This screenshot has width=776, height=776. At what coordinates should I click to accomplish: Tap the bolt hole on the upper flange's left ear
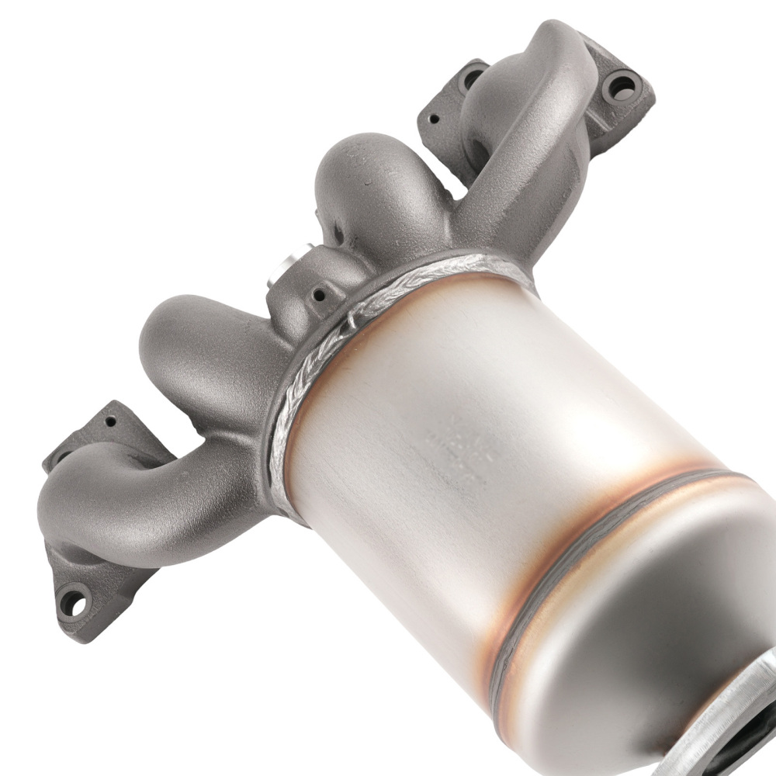coord(473,78)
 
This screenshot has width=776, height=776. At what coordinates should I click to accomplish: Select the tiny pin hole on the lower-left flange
coord(111,421)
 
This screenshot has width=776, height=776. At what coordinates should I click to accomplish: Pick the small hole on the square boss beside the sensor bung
coord(317,294)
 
